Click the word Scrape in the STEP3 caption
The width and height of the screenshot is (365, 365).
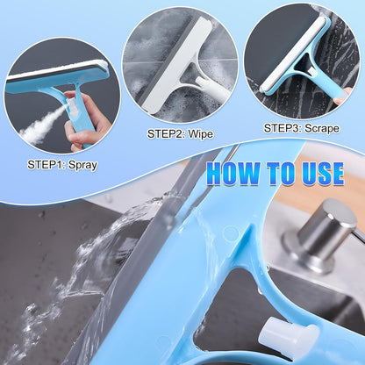tap(318, 127)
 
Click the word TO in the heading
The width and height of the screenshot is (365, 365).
tap(277, 172)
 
